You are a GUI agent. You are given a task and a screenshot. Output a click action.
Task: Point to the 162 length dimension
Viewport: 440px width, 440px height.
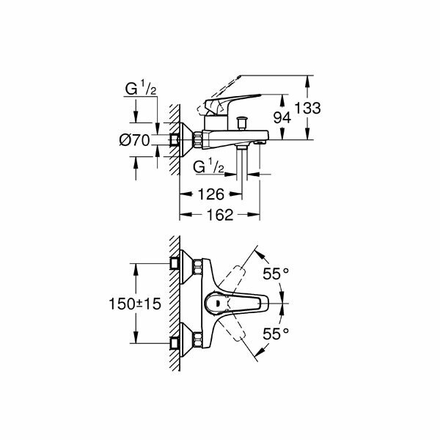click(x=218, y=215)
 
